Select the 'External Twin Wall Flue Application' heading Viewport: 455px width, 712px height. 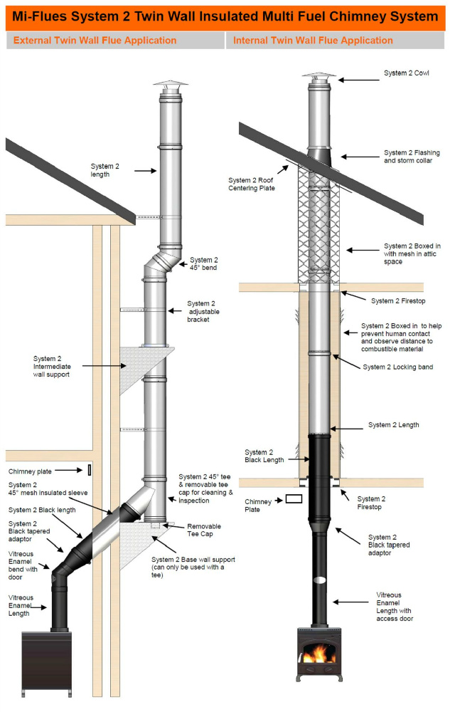tap(95, 41)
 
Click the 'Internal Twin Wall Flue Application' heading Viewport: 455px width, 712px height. tap(313, 41)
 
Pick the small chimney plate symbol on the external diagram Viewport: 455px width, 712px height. tap(89, 470)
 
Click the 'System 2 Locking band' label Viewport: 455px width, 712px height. tap(397, 367)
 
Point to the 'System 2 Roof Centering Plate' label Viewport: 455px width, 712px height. tap(252, 184)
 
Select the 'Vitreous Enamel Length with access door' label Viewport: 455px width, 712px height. tap(399, 607)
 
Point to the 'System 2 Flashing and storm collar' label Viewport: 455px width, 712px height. tap(408, 156)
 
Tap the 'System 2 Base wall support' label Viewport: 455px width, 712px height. tap(193, 567)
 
